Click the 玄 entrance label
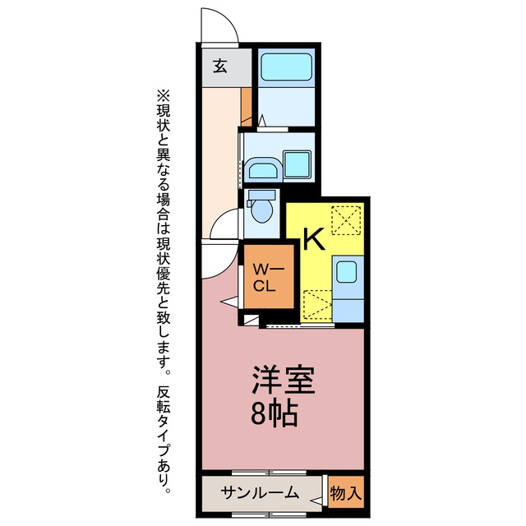point(220,66)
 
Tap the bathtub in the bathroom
point(287,67)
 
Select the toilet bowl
point(262,211)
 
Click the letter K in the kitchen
point(314,239)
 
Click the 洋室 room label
point(284,380)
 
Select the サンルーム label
point(260,493)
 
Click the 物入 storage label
point(346,493)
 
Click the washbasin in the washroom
point(263,171)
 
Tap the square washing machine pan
point(298,164)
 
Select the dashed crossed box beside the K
point(346,220)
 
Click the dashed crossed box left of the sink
point(318,304)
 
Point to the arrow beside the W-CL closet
point(229,302)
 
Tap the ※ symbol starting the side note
point(164,95)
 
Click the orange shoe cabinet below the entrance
point(247,107)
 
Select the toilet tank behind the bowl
point(262,195)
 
